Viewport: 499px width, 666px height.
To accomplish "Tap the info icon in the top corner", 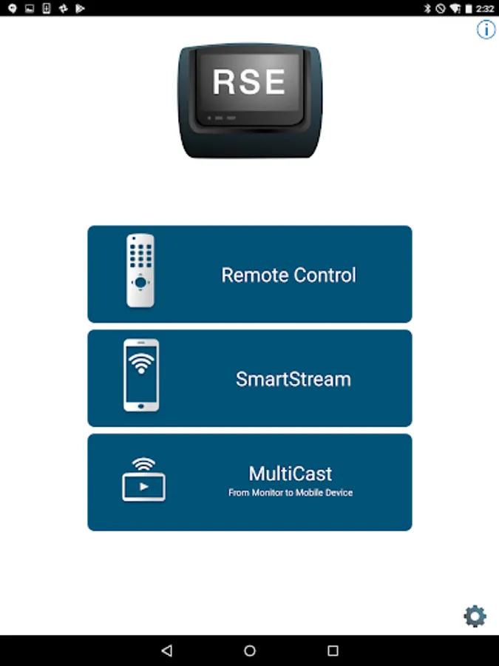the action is point(486,30).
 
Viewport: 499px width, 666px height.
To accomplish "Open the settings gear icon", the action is point(475,616).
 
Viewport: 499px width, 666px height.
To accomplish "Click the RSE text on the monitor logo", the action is point(249,81).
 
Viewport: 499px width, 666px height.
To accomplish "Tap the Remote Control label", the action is point(288,275).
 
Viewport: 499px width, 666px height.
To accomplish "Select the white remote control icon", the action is point(140,271).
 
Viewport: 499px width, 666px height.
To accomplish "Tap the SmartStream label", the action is point(293,380).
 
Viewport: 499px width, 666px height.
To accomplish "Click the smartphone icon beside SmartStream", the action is point(141,375).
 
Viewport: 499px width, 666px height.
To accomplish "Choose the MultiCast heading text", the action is point(291,474).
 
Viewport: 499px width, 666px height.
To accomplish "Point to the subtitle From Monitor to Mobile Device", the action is point(291,493).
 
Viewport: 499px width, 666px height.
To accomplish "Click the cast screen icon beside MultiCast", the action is point(144,480).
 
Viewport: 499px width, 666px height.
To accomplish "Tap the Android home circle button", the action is point(250,650).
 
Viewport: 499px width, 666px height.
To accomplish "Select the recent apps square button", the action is point(333,650).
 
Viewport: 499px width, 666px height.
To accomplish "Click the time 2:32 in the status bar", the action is point(484,8).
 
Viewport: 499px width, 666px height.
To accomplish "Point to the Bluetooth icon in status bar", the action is point(427,8).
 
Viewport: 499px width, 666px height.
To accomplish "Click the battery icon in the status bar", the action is point(469,8).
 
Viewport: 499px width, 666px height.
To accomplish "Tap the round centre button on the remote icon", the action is point(140,282).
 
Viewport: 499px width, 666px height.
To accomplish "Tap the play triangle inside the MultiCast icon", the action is point(144,487).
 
